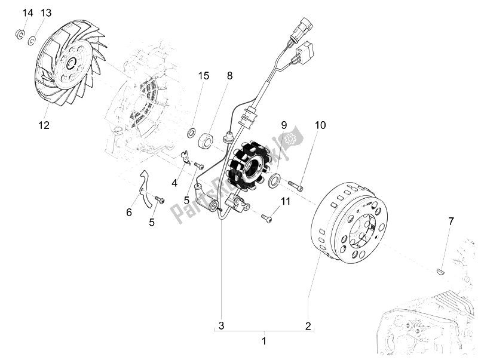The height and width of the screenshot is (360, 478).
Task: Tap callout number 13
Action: click(46, 13)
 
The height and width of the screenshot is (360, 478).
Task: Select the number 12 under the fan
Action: click(44, 125)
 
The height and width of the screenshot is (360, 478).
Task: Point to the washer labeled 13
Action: click(32, 40)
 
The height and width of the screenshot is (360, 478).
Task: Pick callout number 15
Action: click(204, 76)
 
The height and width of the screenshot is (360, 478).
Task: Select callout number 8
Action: click(229, 76)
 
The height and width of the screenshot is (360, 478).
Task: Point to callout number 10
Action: click(321, 125)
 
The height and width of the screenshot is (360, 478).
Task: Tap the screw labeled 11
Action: click(266, 219)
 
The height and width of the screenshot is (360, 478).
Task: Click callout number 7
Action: click(451, 221)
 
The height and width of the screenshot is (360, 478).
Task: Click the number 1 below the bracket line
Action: click(263, 341)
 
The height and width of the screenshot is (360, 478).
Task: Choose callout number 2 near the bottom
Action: click(308, 326)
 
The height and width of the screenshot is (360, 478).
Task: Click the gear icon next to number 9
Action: click(290, 139)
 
